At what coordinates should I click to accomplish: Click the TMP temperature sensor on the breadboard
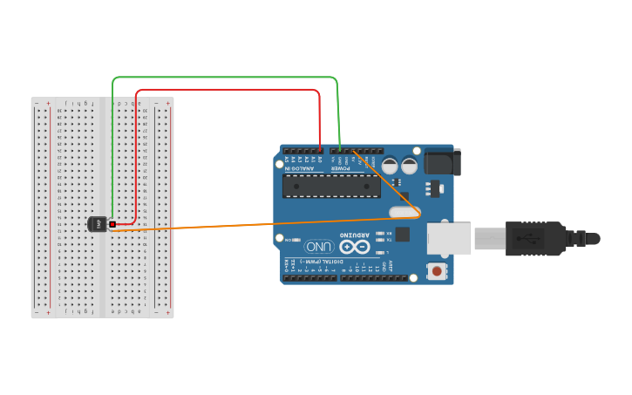[98, 225]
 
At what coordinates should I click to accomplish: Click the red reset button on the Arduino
[436, 272]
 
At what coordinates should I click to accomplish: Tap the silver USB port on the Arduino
[448, 239]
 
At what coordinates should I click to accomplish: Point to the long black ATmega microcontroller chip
[331, 186]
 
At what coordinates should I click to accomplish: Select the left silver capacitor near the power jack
[390, 165]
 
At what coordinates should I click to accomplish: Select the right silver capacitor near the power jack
[409, 165]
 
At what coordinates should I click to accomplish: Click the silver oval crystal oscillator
[405, 212]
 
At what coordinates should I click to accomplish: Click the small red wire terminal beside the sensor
[112, 224]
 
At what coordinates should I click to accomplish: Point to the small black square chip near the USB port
[402, 234]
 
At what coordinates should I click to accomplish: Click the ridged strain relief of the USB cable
[579, 237]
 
